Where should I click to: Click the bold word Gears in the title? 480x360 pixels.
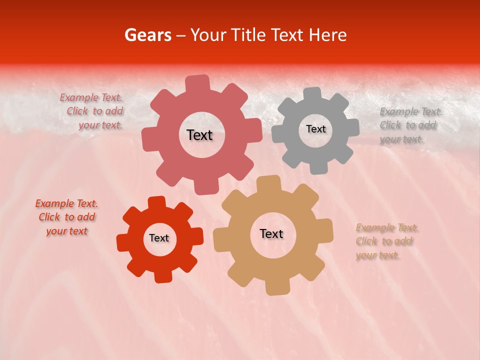(147, 35)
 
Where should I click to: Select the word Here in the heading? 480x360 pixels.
(327, 35)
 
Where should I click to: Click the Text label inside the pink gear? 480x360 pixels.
(199, 135)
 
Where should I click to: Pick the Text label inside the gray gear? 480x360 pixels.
(315, 129)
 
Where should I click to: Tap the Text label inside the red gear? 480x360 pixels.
(159, 238)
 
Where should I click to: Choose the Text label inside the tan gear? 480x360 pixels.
(271, 233)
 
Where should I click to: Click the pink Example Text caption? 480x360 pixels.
(92, 111)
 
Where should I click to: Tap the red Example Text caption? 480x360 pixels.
(66, 217)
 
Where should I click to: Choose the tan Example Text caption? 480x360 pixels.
(386, 241)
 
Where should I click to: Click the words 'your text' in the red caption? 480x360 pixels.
(66, 231)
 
